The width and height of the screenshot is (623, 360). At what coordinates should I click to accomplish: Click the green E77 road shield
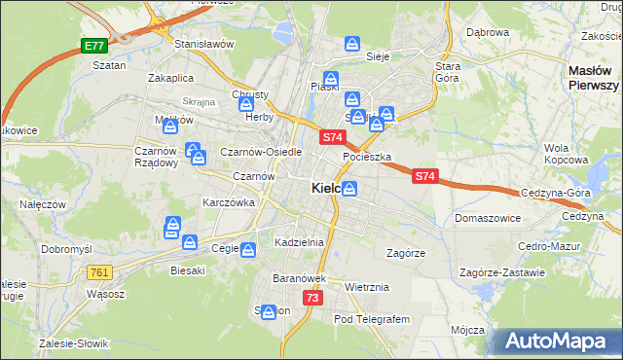point(93,46)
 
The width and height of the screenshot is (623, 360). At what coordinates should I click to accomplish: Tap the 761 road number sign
point(98,272)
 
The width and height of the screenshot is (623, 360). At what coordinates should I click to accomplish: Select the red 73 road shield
point(311,298)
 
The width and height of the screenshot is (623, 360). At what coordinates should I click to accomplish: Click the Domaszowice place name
point(487,219)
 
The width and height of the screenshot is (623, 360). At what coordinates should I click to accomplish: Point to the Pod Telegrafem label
point(373,319)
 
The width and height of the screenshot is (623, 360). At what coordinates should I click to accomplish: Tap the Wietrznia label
point(367,287)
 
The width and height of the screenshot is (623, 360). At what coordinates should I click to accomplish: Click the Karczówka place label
point(228,202)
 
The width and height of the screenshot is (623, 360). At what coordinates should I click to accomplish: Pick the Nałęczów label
point(43,204)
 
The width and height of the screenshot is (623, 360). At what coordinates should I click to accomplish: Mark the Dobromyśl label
point(66,249)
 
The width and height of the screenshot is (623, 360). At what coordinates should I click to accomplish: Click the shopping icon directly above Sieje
point(353,44)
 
